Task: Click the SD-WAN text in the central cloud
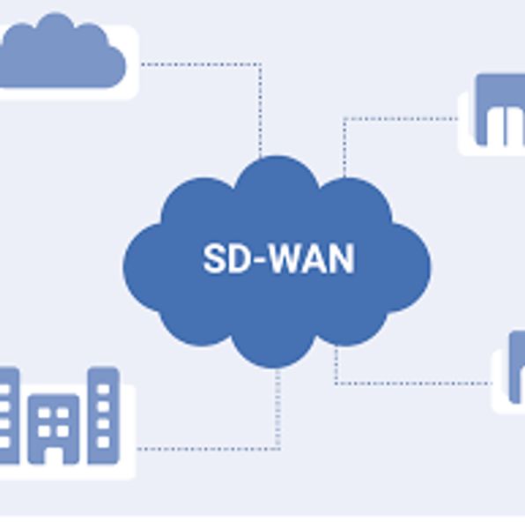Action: [x=278, y=258]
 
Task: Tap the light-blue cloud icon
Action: [x=63, y=50]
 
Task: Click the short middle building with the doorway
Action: [x=54, y=428]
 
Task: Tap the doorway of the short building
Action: [x=54, y=456]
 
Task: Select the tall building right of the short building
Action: [x=103, y=415]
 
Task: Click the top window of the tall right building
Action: [x=103, y=390]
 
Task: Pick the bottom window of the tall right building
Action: [x=103, y=442]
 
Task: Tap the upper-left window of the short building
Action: [x=44, y=413]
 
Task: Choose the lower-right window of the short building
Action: [x=63, y=431]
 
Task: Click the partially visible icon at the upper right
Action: [x=500, y=110]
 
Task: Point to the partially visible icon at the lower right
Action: [x=517, y=367]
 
